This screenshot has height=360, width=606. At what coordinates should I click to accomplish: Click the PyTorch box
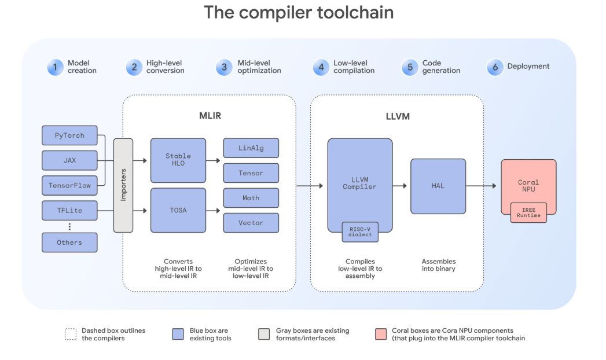[x=69, y=135]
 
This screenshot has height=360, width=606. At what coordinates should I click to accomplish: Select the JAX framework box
[x=69, y=160]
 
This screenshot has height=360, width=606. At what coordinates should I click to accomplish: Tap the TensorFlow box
[x=69, y=185]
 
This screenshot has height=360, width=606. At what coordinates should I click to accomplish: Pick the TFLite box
[x=69, y=210]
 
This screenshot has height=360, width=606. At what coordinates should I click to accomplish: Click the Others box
[x=69, y=243]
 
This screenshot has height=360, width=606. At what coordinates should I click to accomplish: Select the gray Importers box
[x=123, y=185]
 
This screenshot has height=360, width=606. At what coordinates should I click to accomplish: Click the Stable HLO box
[x=178, y=160]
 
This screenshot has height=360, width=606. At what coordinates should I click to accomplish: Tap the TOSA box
[x=178, y=210]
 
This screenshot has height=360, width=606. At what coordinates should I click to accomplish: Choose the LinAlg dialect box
[x=251, y=148]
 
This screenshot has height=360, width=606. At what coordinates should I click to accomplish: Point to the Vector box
[x=251, y=223]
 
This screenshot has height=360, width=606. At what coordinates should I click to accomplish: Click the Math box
[x=251, y=198]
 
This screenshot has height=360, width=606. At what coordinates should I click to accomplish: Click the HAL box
[x=438, y=186]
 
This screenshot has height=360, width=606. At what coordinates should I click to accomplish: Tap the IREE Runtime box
[x=528, y=212]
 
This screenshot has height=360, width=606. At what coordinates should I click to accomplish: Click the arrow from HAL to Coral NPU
[x=481, y=186]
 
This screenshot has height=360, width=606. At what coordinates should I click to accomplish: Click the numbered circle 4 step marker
[x=321, y=67]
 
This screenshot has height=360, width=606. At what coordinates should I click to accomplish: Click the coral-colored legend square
[x=381, y=334]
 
